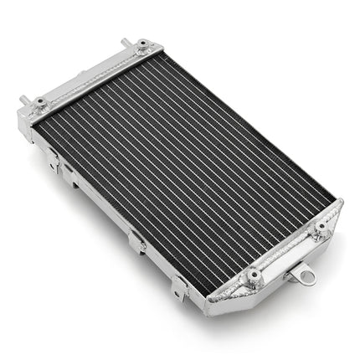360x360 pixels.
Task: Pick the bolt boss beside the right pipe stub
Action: pos(143,45)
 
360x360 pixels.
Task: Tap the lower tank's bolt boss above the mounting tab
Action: pos(321,229)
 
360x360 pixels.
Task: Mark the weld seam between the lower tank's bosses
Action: pos(285,253)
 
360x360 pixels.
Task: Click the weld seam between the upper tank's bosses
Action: pos(92,75)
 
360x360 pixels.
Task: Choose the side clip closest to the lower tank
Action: pos(179,286)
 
